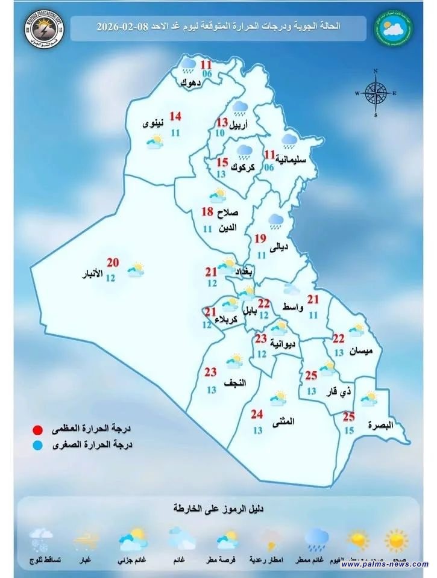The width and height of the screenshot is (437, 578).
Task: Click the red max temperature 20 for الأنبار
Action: pyautogui.click(x=112, y=263)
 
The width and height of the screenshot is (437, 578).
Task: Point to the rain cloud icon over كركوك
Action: pyautogui.click(x=245, y=150)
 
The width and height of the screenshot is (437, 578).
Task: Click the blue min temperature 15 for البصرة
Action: pyautogui.click(x=349, y=430)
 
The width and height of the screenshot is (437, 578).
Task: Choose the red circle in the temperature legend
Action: pyautogui.click(x=38, y=430)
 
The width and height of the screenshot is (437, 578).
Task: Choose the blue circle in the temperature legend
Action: pyautogui.click(x=38, y=446)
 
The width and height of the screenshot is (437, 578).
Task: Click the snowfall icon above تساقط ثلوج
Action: pyautogui.click(x=41, y=537)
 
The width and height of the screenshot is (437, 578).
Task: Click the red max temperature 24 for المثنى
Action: pyautogui.click(x=257, y=414)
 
